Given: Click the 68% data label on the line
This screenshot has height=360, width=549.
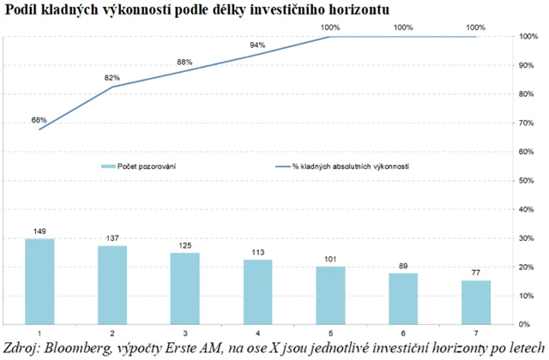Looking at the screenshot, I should click(39, 121).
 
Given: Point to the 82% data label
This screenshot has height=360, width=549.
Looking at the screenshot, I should click(112, 79).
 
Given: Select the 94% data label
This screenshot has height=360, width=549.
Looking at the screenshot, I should click(257, 45).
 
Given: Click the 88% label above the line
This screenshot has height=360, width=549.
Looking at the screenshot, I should click(184, 63).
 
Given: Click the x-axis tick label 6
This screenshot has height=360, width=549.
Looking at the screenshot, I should click(405, 333).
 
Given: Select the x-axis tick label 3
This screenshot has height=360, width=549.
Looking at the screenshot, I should click(185, 333).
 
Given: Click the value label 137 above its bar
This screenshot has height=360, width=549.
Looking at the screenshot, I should click(112, 236).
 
